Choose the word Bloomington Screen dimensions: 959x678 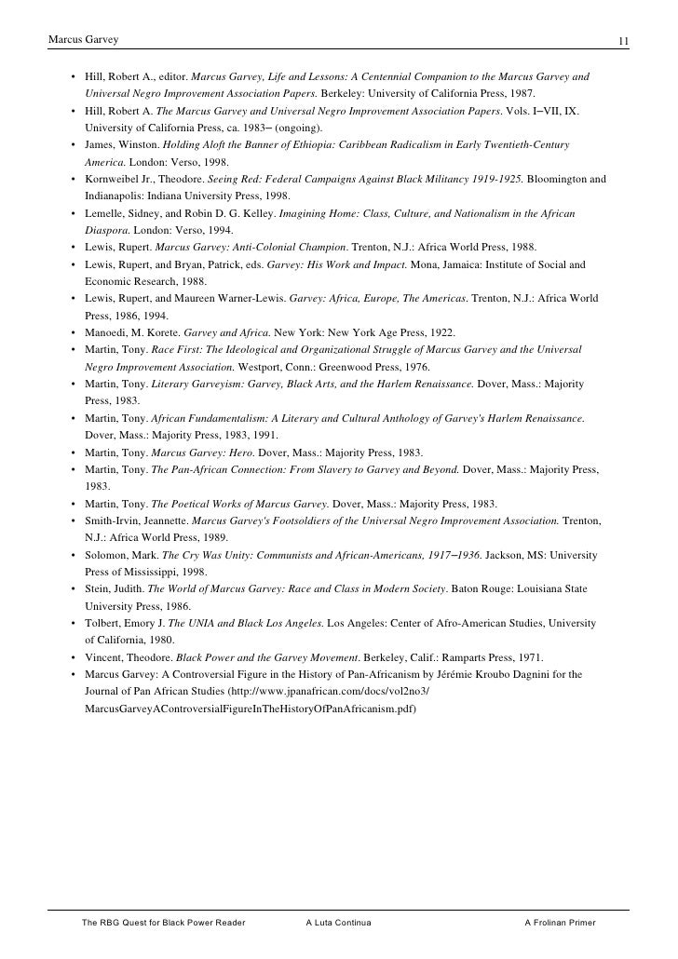tap(558, 178)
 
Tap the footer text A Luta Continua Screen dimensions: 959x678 tap(338, 923)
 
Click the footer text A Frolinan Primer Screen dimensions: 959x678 tap(560, 923)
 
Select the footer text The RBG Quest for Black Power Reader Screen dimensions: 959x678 tap(163, 923)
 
